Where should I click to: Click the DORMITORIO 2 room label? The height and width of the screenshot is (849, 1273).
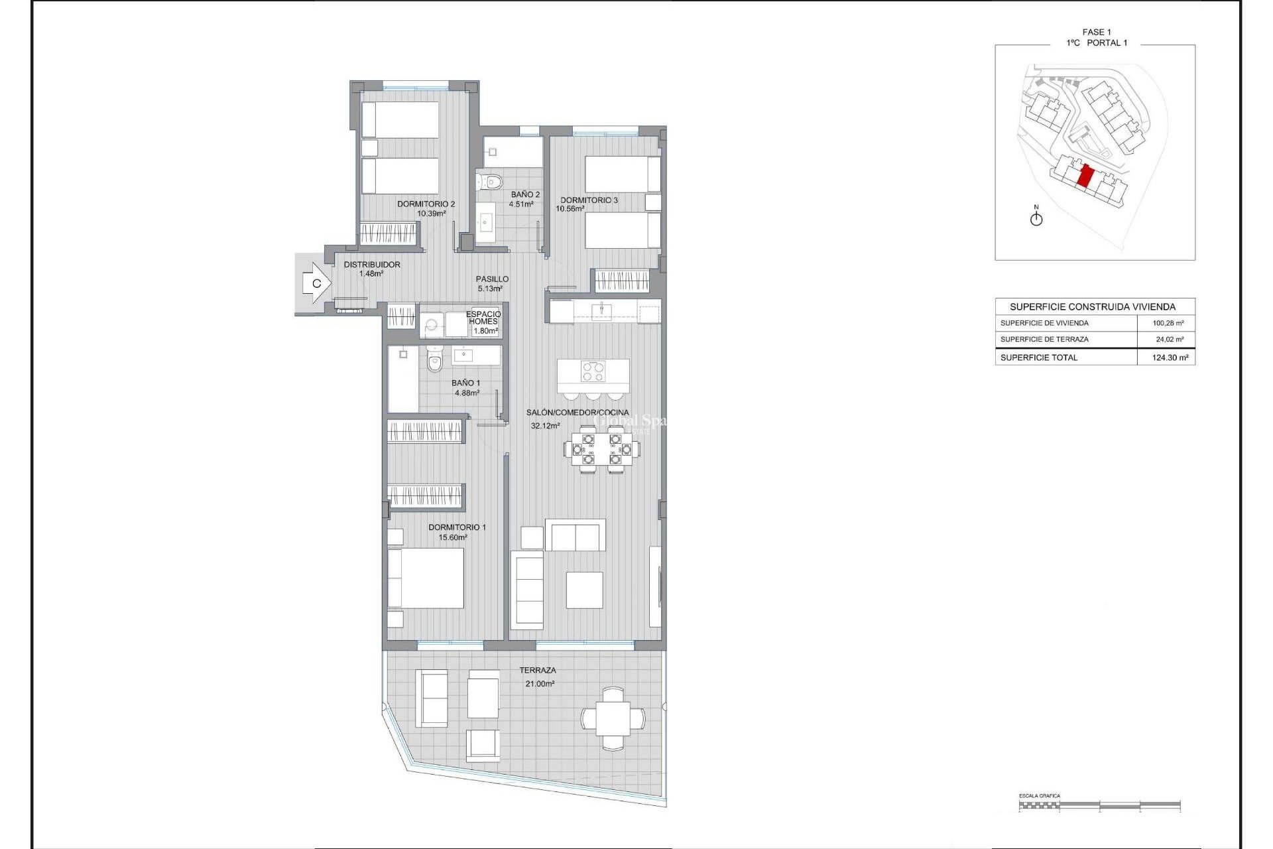[426, 204]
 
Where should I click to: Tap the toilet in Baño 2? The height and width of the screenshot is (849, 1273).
[491, 181]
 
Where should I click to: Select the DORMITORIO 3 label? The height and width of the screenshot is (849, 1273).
[589, 200]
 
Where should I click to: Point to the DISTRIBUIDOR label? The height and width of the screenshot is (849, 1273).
[371, 265]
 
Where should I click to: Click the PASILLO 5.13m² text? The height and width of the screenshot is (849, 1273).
[491, 284]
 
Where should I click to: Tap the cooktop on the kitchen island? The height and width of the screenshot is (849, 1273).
[593, 371]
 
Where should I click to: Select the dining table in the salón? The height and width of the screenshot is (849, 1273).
[602, 449]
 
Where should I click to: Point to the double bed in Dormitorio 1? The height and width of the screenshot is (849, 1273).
[425, 578]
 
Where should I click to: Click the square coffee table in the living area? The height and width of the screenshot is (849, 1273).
[584, 590]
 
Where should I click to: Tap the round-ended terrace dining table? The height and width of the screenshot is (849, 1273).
[613, 718]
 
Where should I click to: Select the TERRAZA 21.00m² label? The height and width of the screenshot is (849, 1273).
[538, 677]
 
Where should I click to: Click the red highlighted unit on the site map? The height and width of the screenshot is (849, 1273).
[1085, 177]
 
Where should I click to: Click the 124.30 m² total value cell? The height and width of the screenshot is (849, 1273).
[1169, 358]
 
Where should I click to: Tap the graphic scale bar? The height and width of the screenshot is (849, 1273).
[1099, 806]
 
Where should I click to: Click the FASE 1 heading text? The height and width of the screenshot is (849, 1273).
[1096, 32]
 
